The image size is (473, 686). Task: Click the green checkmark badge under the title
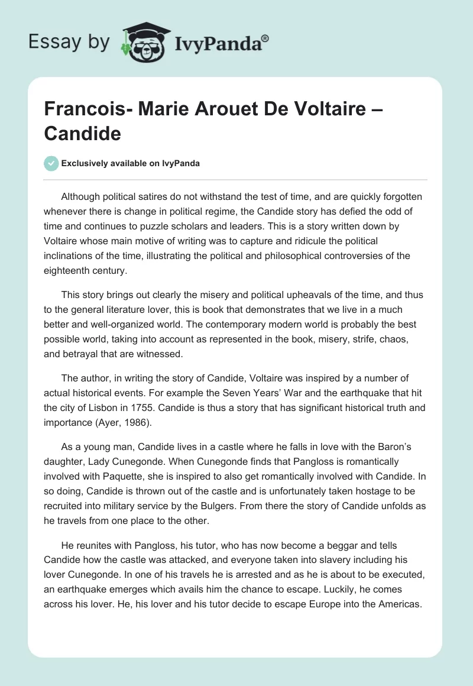[x=51, y=163]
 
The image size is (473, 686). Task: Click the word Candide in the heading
[x=82, y=134]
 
